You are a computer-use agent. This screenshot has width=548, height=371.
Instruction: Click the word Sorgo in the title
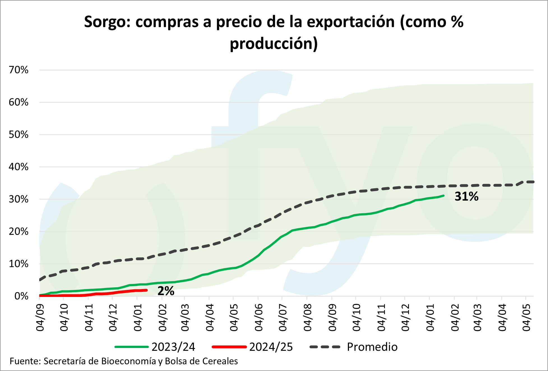(x=107, y=22)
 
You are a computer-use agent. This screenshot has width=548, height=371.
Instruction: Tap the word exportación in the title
(x=351, y=22)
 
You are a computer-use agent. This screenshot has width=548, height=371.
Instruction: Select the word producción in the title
(x=274, y=44)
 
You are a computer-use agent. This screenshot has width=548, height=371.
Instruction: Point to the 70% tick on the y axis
(x=19, y=70)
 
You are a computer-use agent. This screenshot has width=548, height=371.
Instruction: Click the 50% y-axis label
(x=19, y=135)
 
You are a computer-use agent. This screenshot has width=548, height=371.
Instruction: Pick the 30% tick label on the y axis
(x=19, y=199)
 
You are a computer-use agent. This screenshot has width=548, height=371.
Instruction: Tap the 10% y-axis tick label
(x=19, y=264)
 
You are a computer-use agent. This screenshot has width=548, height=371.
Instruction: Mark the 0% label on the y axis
(x=21, y=296)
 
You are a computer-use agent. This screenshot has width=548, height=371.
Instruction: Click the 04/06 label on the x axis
(x=258, y=317)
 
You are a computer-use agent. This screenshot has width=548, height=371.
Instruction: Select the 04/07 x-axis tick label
(x=283, y=317)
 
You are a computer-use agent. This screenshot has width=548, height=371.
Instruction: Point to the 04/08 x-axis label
(x=307, y=317)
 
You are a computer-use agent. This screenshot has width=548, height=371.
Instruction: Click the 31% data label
(x=466, y=196)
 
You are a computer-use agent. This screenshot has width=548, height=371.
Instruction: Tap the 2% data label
(x=166, y=291)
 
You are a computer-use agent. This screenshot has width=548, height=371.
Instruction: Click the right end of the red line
(x=147, y=290)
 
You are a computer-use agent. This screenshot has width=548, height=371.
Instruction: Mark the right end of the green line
(x=443, y=196)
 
